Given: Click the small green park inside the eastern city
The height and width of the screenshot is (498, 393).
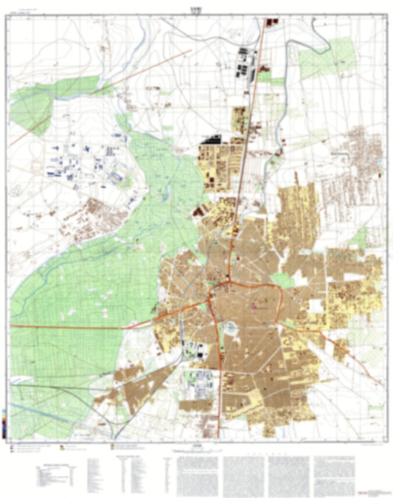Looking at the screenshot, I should pyautogui.click(x=282, y=280).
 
